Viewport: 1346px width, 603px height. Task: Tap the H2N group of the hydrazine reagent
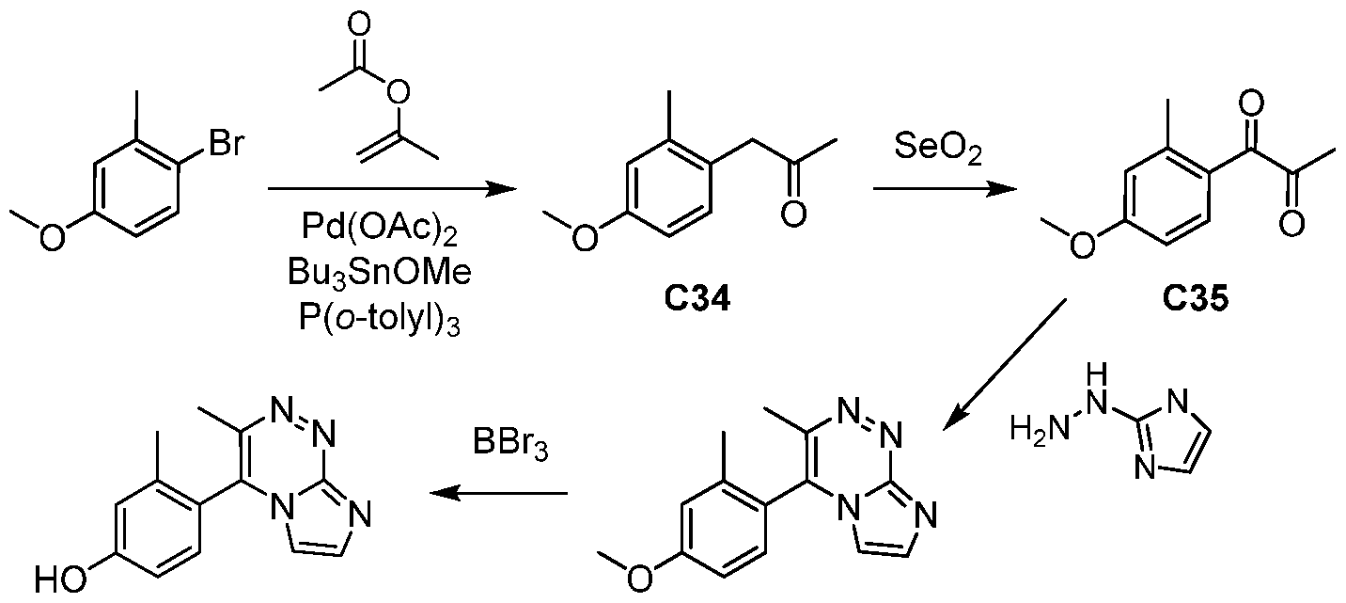(x=1034, y=431)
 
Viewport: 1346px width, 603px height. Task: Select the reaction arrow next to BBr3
(x=498, y=492)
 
